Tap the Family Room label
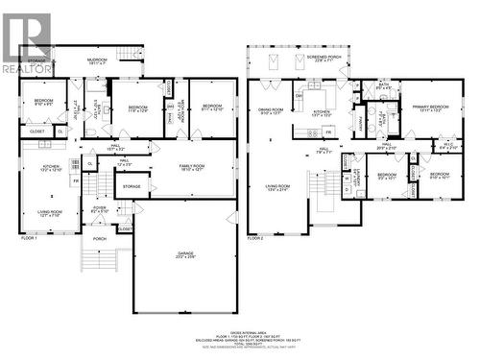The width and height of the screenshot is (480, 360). coord(193,168)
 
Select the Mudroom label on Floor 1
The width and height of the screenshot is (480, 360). coord(98,60)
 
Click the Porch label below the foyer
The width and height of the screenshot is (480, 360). coord(99,239)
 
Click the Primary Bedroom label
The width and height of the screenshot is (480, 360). coord(423,108)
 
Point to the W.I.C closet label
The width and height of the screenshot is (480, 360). coord(447,147)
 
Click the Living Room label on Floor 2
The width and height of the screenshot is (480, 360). coord(277,188)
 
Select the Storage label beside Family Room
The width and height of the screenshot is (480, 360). coord(132,186)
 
